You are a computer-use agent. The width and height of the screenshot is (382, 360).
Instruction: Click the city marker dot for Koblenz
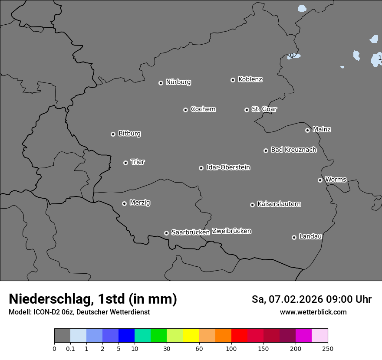coord(233,80)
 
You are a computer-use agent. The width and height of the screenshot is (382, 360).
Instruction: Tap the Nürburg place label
coord(178,82)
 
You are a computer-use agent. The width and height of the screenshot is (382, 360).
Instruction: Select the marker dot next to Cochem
coord(185,110)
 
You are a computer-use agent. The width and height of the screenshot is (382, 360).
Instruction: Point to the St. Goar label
coord(264,109)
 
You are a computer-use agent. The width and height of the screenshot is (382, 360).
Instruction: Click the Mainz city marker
coord(307,130)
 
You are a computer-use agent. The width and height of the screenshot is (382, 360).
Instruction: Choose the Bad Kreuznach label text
coord(293,150)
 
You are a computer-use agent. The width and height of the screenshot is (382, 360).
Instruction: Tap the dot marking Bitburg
coord(113,134)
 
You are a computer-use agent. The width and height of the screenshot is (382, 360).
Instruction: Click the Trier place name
coord(138,162)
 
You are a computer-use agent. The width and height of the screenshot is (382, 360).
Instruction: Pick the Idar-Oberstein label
coord(228,167)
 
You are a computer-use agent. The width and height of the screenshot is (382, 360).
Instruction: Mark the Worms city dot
coord(320,180)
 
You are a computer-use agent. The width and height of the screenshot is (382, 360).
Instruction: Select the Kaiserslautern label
coord(279,204)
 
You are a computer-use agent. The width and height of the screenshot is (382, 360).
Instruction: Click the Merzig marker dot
coord(124,203)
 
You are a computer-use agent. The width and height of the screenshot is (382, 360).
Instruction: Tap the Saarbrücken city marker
coord(166,233)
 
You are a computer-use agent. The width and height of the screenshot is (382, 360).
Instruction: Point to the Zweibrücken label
coord(231,231)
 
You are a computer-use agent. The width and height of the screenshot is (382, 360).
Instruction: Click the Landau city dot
coord(294,237)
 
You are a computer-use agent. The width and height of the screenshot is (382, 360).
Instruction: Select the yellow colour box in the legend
coord(191,336)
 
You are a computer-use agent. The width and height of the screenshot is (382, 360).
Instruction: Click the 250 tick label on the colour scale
coord(328,348)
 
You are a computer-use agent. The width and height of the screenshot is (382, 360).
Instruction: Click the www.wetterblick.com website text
coord(313,312)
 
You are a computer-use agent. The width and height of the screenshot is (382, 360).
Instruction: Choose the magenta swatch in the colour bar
coord(303,336)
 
